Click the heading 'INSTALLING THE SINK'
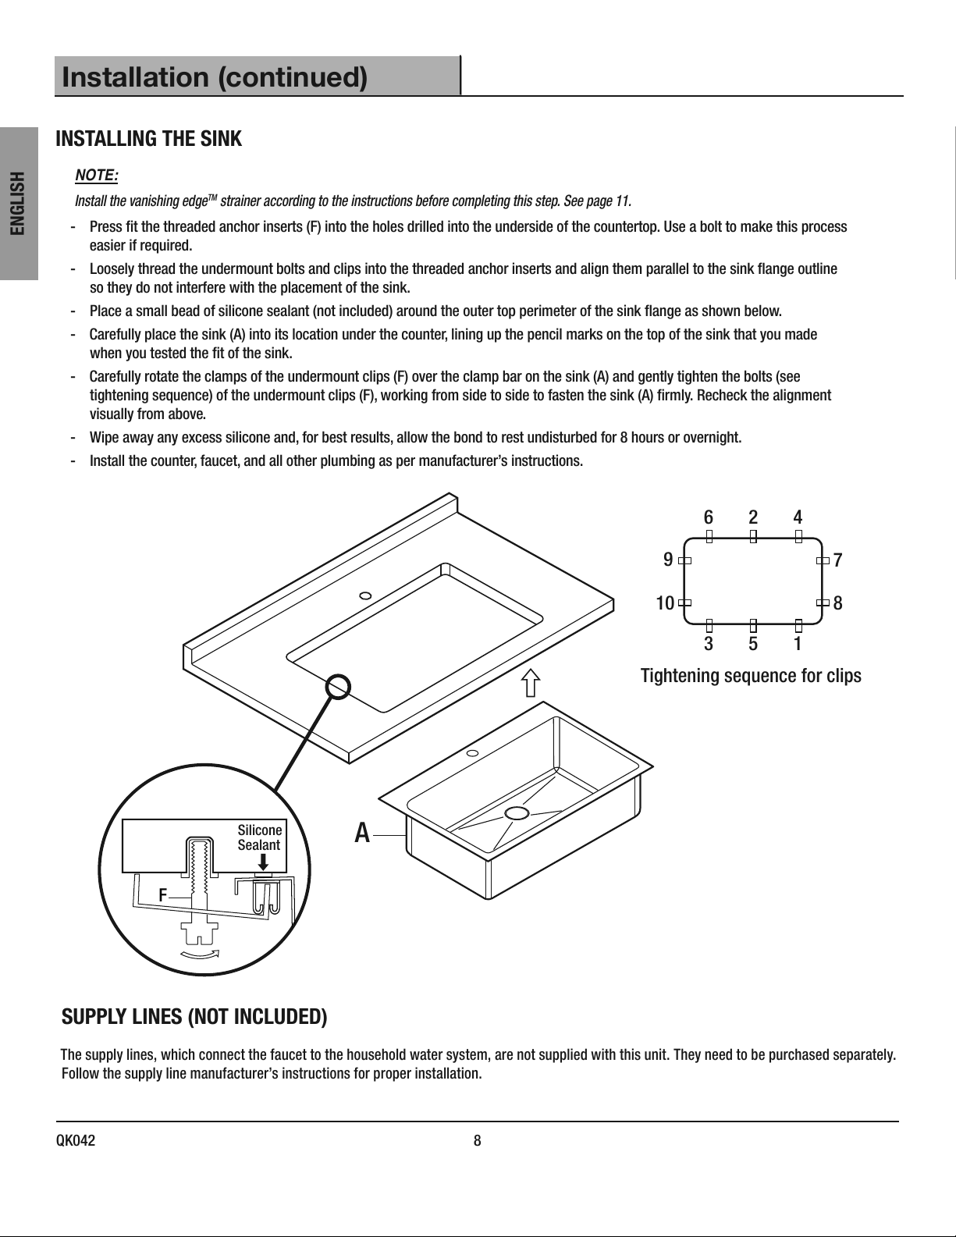point(148,138)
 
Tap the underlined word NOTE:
point(96,176)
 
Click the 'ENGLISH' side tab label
point(19,203)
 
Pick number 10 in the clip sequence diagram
point(665,603)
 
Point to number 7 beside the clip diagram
point(837,560)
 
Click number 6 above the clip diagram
point(709,517)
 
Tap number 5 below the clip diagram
point(753,644)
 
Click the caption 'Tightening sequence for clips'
point(751,676)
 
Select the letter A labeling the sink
point(362,834)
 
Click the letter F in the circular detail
point(163,895)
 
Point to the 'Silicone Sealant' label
point(259,837)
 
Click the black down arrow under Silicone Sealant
point(264,862)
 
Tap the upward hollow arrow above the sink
point(531,683)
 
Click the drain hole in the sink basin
point(517,812)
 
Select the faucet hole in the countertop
point(365,596)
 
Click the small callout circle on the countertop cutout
point(338,686)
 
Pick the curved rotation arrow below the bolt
point(200,954)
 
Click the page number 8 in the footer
point(478,1140)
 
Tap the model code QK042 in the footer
point(76,1140)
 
